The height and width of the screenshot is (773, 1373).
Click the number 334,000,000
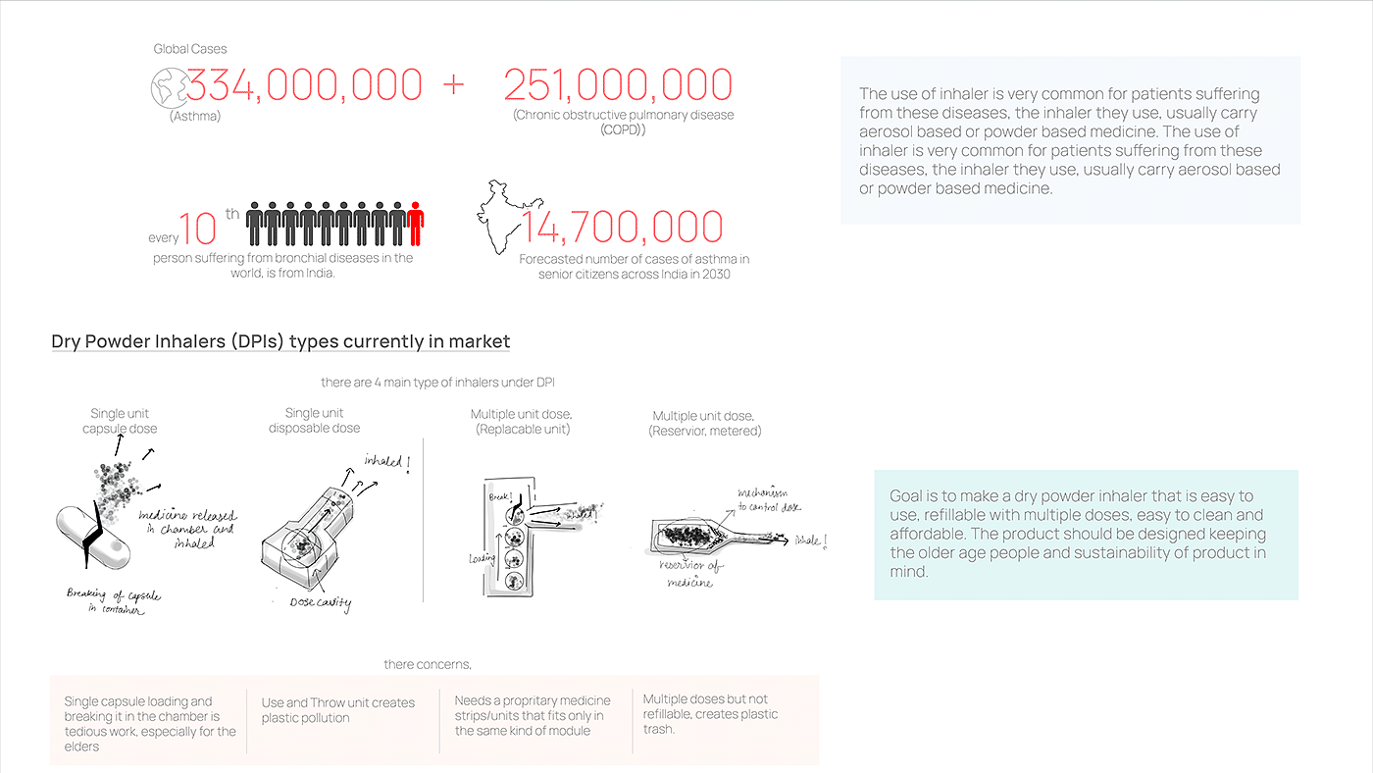(x=304, y=85)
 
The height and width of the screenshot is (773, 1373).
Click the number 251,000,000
(x=618, y=85)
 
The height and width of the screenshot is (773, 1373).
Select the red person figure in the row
(x=416, y=224)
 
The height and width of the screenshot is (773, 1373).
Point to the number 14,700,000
(x=622, y=228)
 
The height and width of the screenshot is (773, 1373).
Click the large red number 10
(x=197, y=229)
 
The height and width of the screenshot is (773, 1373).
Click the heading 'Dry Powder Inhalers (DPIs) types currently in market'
(x=280, y=341)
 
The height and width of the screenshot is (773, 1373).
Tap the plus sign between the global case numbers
(x=453, y=85)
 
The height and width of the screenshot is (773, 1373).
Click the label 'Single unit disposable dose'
(x=315, y=421)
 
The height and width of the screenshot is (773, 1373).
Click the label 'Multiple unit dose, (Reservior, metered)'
(x=704, y=424)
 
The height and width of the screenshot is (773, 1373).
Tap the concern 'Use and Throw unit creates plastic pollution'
(x=338, y=710)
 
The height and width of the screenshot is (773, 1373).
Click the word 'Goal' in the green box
(x=907, y=496)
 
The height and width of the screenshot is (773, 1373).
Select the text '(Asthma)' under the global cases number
(x=194, y=117)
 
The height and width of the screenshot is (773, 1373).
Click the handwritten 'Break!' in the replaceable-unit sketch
(x=499, y=497)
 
